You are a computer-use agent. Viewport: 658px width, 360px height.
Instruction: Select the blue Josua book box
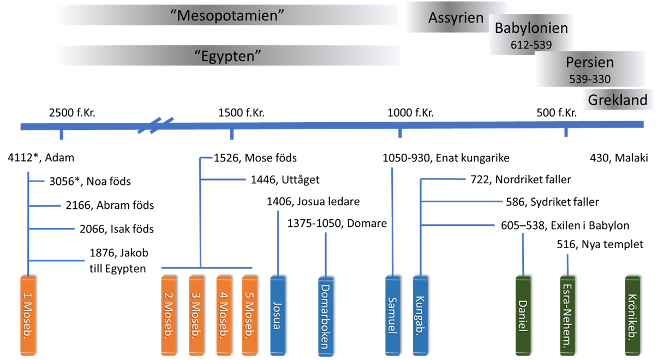(278, 315)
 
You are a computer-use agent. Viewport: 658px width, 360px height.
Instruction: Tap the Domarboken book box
(326, 315)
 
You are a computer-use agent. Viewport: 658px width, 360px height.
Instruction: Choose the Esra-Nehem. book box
(569, 315)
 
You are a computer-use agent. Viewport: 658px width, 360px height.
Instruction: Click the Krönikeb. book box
(633, 315)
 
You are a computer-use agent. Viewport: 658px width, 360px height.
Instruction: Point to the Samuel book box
(393, 315)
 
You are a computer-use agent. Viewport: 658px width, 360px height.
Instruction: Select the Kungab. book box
(421, 315)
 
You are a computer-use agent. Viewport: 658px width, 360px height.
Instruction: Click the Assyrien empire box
(456, 17)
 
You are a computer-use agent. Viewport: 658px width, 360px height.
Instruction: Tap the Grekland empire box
(617, 100)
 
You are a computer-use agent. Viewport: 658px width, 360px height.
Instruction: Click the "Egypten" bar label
(228, 55)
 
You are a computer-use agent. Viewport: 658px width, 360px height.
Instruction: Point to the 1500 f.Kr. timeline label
(241, 113)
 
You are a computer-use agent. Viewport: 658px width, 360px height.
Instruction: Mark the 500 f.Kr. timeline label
(556, 113)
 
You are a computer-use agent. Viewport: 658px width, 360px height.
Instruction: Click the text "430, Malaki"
(618, 159)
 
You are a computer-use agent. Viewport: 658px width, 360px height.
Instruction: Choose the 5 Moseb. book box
(249, 315)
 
